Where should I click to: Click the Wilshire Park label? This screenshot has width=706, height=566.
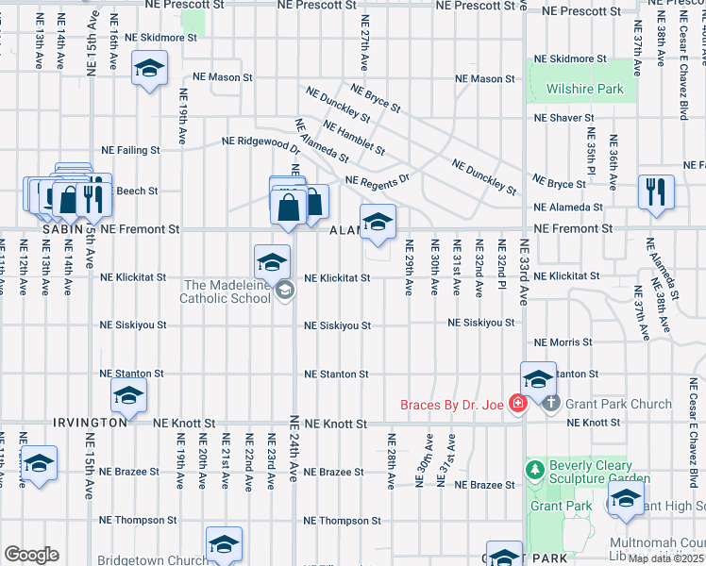585,90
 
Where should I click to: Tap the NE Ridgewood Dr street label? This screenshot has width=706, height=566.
261,142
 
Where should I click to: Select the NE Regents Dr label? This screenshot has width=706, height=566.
378,180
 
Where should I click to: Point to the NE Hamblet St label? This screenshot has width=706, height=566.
354,138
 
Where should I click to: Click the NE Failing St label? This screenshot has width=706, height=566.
130,150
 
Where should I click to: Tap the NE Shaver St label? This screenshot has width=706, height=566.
563,118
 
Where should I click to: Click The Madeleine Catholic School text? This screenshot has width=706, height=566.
227,291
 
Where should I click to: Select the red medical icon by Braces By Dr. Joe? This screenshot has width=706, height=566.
516,405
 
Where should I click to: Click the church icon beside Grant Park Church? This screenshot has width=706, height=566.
552,404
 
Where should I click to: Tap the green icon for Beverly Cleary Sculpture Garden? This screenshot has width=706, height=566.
535,469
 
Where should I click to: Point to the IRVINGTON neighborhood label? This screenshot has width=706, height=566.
91,424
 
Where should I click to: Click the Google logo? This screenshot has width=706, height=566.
31,555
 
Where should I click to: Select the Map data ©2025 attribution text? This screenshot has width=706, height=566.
666,558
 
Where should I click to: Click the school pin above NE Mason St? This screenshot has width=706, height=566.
149,69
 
